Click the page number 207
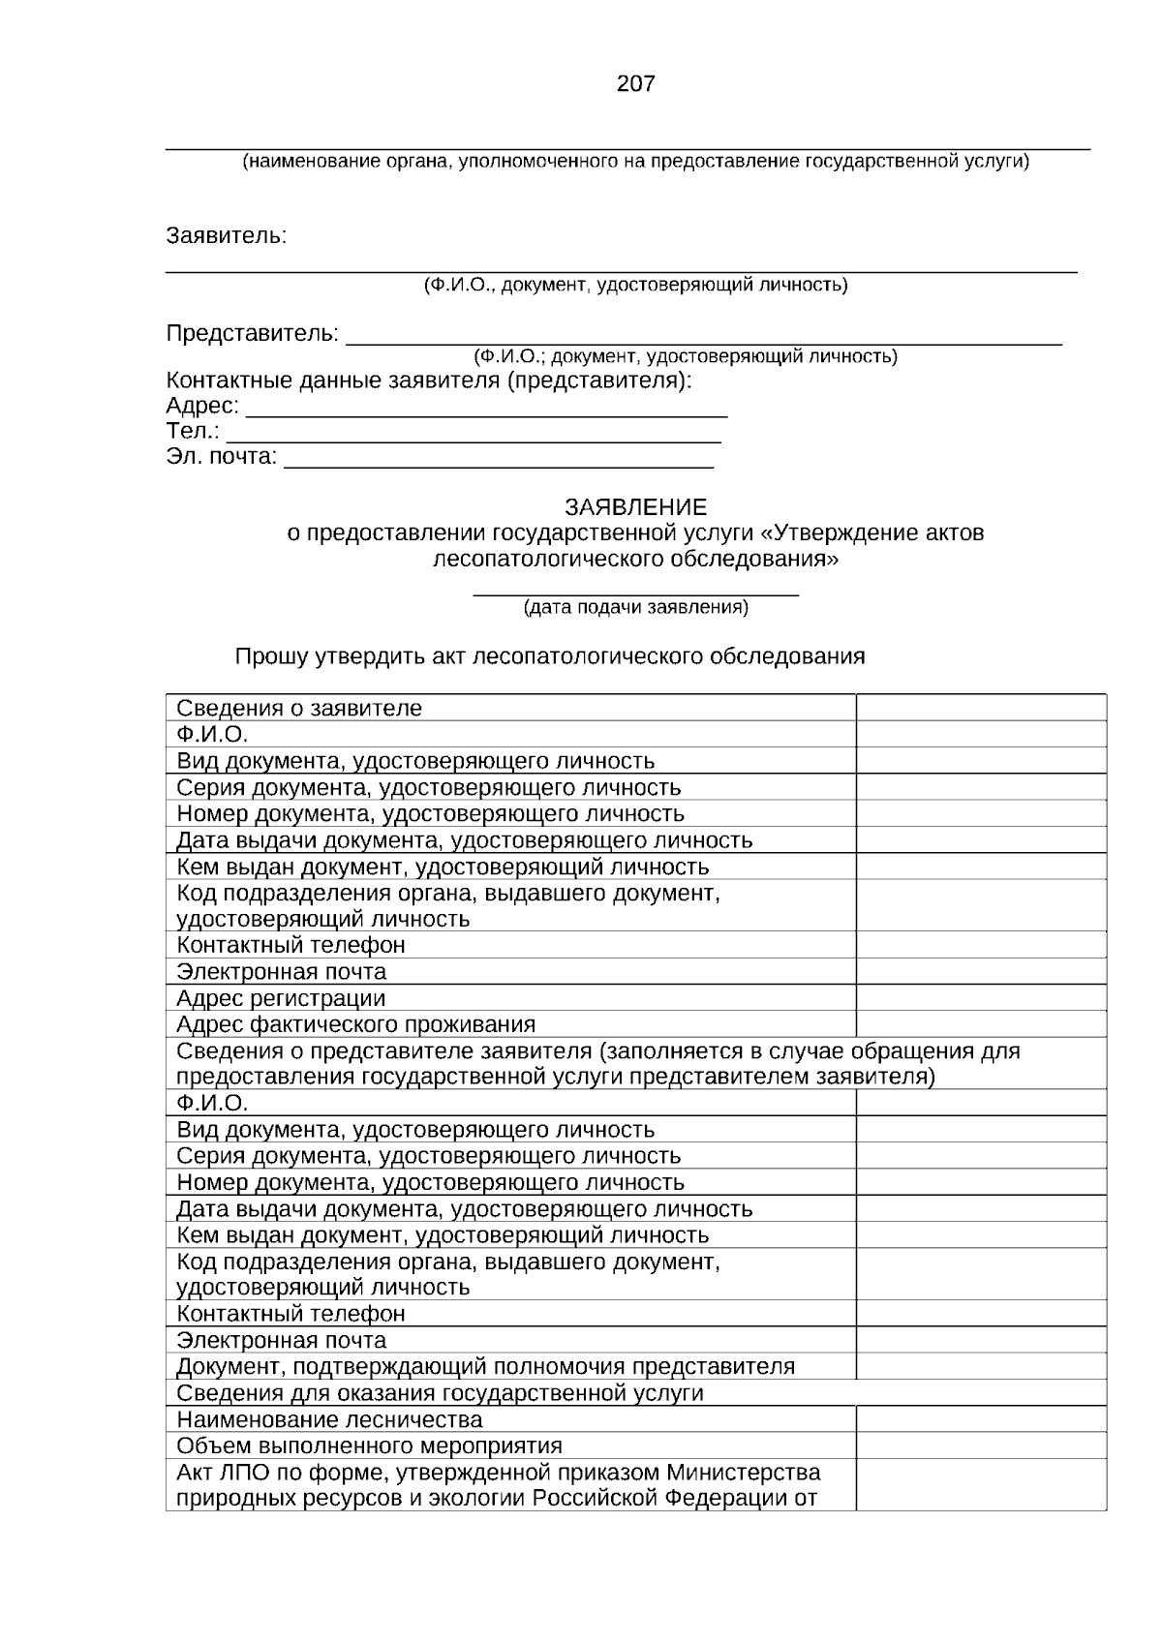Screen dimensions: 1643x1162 635,84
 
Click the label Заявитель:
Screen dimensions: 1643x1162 227,236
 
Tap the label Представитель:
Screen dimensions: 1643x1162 253,334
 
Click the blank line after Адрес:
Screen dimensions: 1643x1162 486,409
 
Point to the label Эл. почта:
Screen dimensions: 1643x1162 222,456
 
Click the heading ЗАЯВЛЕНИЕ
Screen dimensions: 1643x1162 635,507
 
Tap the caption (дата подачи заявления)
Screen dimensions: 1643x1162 635,608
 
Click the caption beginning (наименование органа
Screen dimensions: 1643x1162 635,162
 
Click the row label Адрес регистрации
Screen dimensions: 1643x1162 281,998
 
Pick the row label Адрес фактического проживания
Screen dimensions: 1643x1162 355,1024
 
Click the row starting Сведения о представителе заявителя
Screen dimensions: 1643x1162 597,1064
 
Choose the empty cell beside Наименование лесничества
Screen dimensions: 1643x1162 980,1419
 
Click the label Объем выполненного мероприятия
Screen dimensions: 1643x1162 369,1446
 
